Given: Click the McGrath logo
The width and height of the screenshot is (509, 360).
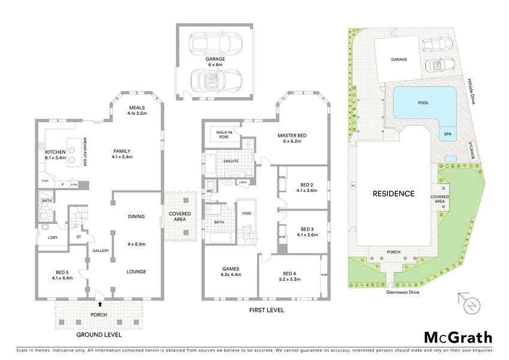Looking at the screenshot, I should (x=458, y=337).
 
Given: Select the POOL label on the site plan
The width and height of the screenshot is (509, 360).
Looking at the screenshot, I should (x=423, y=103).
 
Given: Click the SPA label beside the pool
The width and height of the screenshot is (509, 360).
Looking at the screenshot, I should (x=447, y=134).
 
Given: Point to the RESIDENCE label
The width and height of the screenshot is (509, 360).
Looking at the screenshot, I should (x=393, y=194).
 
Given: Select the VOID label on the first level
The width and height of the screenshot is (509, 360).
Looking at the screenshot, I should (x=246, y=213).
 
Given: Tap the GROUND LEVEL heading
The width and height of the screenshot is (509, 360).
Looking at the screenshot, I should (x=100, y=334).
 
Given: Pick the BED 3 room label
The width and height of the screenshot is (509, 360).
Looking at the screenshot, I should (x=308, y=229).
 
